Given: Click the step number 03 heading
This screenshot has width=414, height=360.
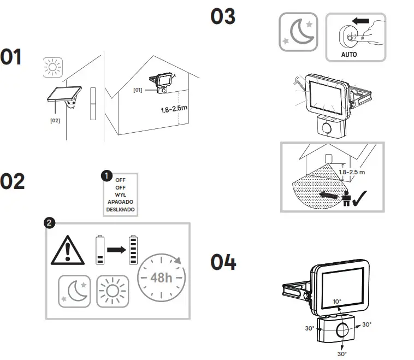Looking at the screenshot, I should click(x=223, y=16).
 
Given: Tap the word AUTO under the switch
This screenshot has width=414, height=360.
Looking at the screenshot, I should click(x=349, y=55).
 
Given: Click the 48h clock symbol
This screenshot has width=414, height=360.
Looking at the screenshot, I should click(x=161, y=277).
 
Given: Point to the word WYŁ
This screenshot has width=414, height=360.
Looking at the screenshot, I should click(x=121, y=194).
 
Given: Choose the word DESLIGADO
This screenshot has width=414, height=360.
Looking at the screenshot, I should click(x=121, y=209).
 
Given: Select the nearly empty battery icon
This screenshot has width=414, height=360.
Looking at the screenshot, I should click(x=99, y=250).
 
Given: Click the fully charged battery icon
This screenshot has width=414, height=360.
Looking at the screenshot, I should click(x=133, y=250).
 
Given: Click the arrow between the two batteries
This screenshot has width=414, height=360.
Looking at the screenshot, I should click(x=116, y=250).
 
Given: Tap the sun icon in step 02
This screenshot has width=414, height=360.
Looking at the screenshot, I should click(x=112, y=291).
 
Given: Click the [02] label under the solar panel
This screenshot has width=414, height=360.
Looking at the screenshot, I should click(x=55, y=120).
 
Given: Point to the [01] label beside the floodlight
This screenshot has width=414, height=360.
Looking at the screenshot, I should click(x=138, y=90).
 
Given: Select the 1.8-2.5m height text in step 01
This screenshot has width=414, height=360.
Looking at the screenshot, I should click(x=174, y=109).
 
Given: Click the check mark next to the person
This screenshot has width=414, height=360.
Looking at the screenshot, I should click(x=362, y=198).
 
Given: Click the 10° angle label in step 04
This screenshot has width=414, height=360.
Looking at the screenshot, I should click(x=337, y=302).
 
